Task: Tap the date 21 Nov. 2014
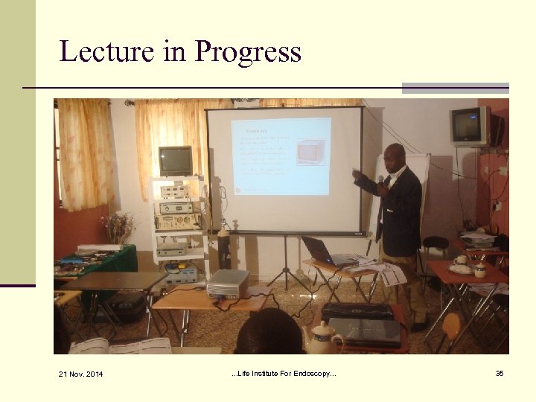pyautogui.click(x=83, y=374)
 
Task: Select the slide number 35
pyautogui.click(x=500, y=373)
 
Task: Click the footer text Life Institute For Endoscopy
pyautogui.click(x=284, y=373)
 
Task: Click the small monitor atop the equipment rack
pyautogui.click(x=176, y=160)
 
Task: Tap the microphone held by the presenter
pyautogui.click(x=380, y=182)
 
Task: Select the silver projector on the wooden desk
pyautogui.click(x=228, y=283)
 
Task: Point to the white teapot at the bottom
pyautogui.click(x=324, y=339)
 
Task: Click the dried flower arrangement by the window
pyautogui.click(x=119, y=227)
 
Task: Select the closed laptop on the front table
pyautogui.click(x=364, y=330)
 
